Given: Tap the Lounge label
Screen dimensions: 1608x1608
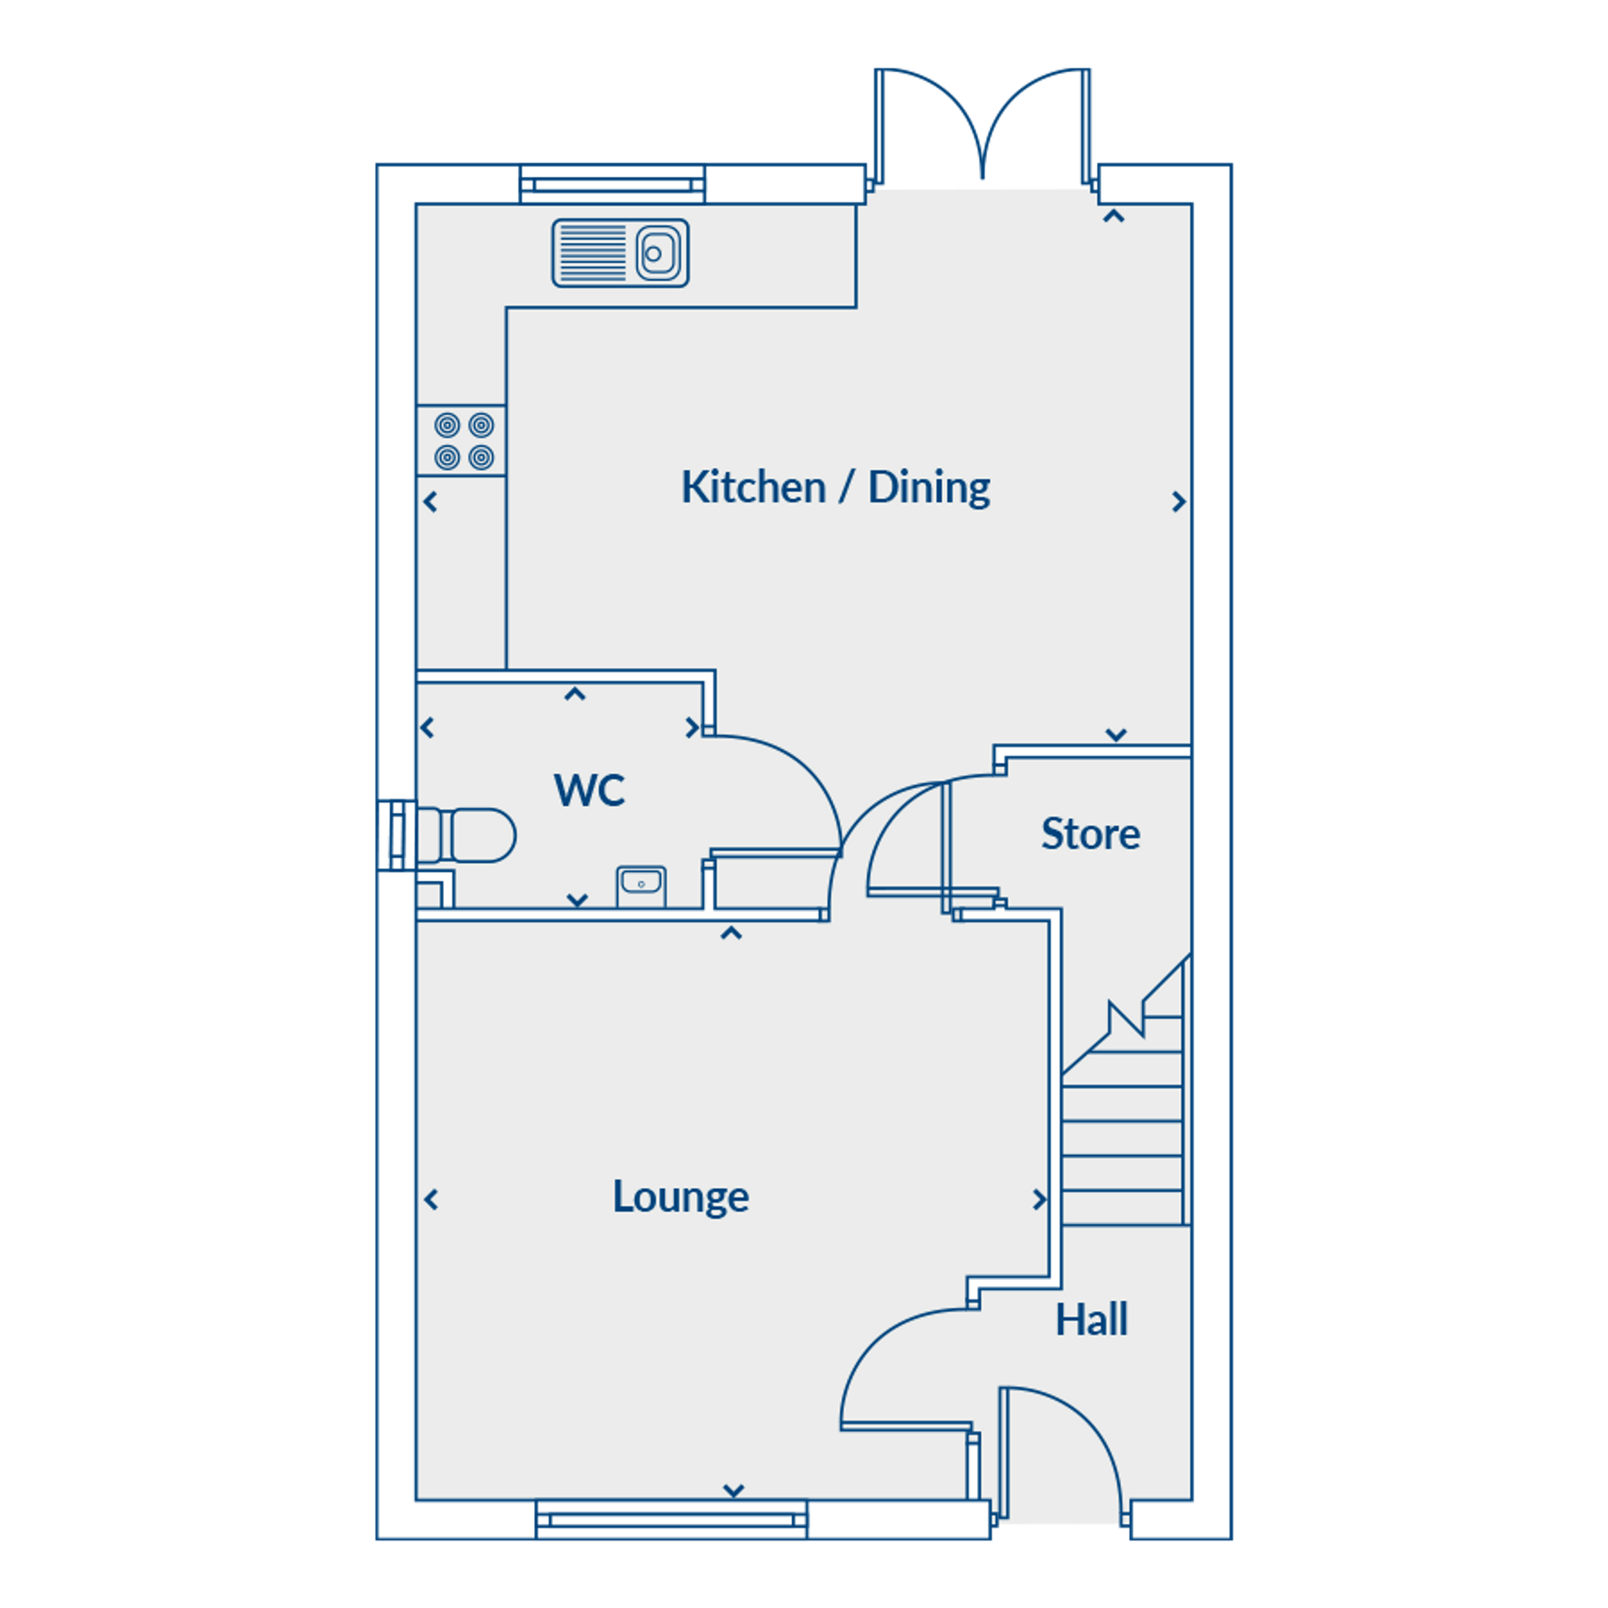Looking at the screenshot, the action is pos(681,1197).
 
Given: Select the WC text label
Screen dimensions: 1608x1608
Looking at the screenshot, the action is pos(589,790).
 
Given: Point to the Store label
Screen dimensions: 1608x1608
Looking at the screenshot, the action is pos(1090,833).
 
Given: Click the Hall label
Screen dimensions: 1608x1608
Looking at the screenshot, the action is pos(1091,1320).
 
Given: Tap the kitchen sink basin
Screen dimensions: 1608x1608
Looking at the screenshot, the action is pos(658,253).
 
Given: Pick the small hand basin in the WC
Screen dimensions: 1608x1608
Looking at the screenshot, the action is pos(641,886).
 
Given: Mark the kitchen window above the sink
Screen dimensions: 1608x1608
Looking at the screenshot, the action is pos(613,184).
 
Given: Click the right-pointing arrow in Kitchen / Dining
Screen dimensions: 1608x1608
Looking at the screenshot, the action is pos(1179,502).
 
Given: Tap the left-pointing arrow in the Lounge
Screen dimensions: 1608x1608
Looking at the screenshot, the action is pos(431,1199).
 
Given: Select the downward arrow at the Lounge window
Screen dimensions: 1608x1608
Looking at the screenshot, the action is pos(733,1490).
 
